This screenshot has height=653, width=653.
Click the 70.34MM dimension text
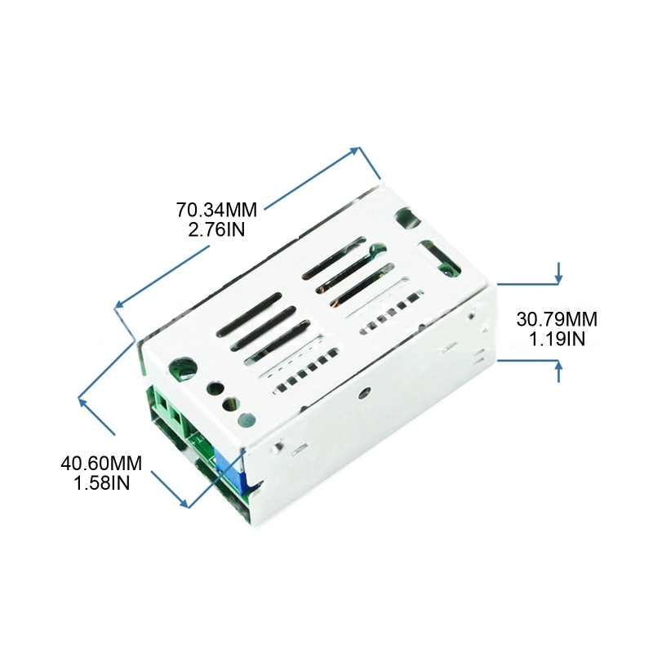click(216, 210)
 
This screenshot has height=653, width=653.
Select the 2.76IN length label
click(216, 229)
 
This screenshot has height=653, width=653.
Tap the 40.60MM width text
click(101, 464)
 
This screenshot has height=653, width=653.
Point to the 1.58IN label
click(101, 483)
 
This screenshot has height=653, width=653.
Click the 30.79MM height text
click(557, 319)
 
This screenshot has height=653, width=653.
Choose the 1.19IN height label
click(557, 339)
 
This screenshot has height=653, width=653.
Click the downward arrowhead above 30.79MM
click(558, 278)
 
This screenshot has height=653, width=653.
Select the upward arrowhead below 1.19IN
click(558, 367)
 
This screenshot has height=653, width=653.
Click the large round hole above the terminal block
click(182, 370)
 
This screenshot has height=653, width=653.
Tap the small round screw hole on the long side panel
click(366, 392)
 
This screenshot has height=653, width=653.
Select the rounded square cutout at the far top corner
click(407, 219)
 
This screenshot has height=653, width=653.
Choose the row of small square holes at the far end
click(390, 313)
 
